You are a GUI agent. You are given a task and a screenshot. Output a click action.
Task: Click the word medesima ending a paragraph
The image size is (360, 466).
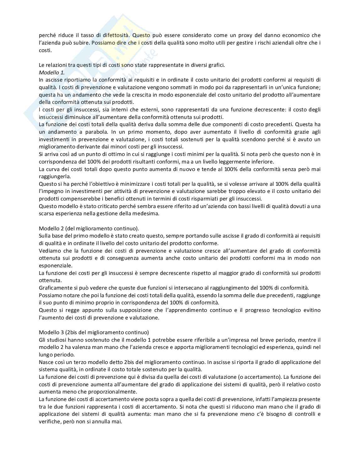[x=148, y=214]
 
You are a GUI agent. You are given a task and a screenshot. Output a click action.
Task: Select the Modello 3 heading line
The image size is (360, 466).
[x=94, y=332]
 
